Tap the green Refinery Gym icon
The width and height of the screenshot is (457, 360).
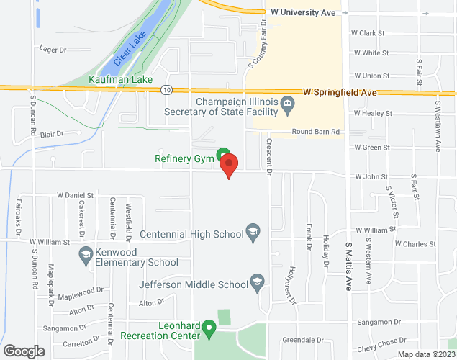224,153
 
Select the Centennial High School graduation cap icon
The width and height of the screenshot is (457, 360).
252,231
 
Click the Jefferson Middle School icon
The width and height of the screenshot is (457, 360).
256,280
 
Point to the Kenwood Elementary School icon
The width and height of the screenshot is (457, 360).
85,253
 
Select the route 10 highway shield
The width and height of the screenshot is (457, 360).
166,90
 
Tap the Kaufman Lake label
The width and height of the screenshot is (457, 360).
115,78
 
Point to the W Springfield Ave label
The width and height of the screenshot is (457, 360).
340,92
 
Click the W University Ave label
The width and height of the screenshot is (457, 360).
303,12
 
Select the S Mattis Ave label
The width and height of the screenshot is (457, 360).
349,265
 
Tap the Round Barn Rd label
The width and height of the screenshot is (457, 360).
316,132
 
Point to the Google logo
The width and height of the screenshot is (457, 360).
24,351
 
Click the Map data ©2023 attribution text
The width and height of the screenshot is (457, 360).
425,354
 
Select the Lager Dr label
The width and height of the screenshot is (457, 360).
54,50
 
